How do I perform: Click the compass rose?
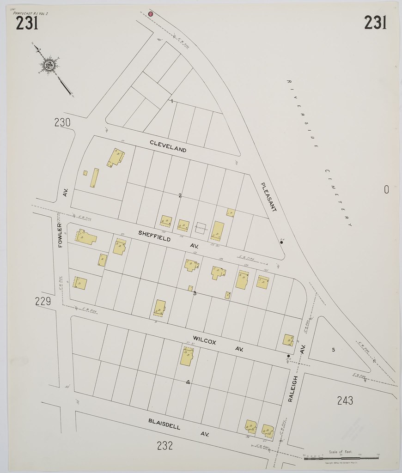49,65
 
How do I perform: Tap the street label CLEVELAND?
168,146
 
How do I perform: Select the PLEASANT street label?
268,197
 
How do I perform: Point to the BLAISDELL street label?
164,424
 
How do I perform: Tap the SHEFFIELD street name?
154,236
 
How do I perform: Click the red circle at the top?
151,14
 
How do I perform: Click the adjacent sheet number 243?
345,400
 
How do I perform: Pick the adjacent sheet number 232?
165,446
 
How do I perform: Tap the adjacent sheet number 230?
62,122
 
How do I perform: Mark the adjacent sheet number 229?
43,302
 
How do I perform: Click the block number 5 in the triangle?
333,350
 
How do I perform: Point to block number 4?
188,382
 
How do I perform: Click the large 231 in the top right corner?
375,22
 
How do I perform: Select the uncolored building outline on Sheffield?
201,228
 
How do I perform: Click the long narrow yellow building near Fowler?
94,178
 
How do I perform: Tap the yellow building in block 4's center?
187,357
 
